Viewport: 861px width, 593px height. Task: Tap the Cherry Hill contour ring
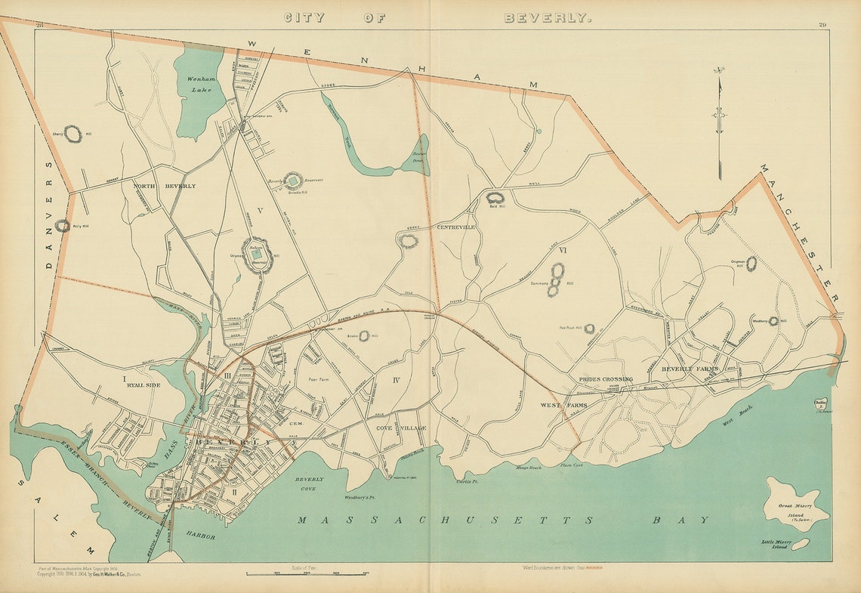coord(73,134)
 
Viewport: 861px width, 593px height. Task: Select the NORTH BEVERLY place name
coord(165,186)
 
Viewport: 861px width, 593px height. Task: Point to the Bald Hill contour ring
coord(495,199)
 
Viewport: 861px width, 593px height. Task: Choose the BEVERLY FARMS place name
coord(690,369)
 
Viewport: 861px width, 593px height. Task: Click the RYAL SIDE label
coord(144,385)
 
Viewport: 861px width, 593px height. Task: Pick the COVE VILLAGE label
coord(401,428)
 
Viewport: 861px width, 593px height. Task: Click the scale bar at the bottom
coord(307,575)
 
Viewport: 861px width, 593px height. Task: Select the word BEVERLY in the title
coord(548,17)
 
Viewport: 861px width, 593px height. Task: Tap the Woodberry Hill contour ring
coord(773,321)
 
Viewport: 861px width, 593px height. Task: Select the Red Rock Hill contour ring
coord(589,329)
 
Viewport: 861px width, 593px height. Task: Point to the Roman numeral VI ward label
coord(563,249)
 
